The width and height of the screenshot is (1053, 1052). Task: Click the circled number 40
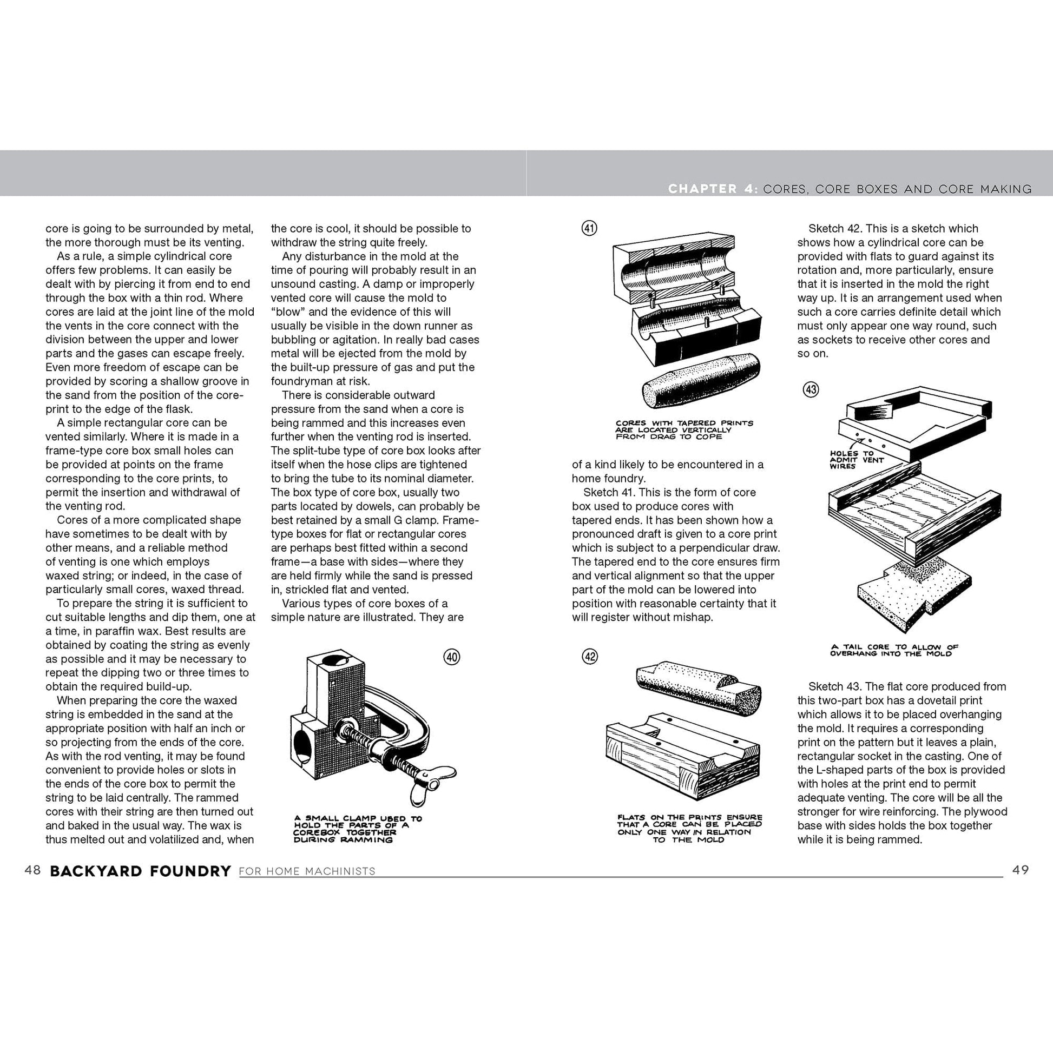click(x=452, y=657)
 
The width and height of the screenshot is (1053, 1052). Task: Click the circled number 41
click(x=590, y=228)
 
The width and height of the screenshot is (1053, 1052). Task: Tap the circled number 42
click(x=590, y=657)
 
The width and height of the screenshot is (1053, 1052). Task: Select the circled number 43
click(x=811, y=389)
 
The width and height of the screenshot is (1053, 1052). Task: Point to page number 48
click(x=32, y=870)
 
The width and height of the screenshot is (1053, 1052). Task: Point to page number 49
click(x=1021, y=870)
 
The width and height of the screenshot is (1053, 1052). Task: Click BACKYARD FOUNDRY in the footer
click(x=141, y=871)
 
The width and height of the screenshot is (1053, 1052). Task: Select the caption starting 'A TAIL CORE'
click(x=894, y=651)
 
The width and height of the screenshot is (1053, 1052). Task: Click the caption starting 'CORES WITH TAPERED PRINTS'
click(x=684, y=430)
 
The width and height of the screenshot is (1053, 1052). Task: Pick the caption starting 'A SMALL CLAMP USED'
click(x=358, y=829)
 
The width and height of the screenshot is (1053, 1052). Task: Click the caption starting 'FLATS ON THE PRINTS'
click(x=689, y=829)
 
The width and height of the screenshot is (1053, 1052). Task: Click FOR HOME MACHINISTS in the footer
click(x=307, y=872)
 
